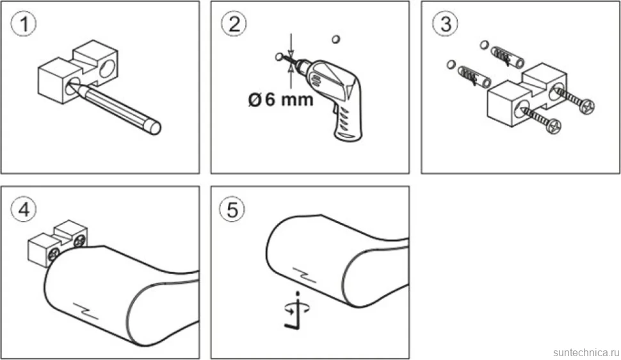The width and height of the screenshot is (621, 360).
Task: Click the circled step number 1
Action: [24, 24]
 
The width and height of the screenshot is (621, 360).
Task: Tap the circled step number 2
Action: [234, 24]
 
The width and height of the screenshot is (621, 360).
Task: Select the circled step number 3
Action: [445, 24]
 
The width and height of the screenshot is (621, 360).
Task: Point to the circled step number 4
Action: [24, 209]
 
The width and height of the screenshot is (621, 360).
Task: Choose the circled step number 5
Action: [232, 209]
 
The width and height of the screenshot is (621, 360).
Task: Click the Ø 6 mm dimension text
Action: [280, 99]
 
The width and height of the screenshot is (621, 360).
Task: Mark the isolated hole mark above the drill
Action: [336, 39]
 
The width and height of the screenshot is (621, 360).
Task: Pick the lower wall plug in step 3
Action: [474, 76]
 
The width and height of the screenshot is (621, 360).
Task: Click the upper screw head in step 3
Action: [586, 106]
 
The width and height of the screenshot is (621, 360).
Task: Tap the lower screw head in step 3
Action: [553, 126]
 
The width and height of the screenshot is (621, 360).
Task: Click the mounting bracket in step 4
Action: [57, 243]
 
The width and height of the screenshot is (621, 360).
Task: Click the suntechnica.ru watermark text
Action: [586, 352]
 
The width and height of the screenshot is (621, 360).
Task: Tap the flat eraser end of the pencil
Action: [154, 127]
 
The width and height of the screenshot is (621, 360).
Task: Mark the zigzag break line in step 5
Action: [304, 275]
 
